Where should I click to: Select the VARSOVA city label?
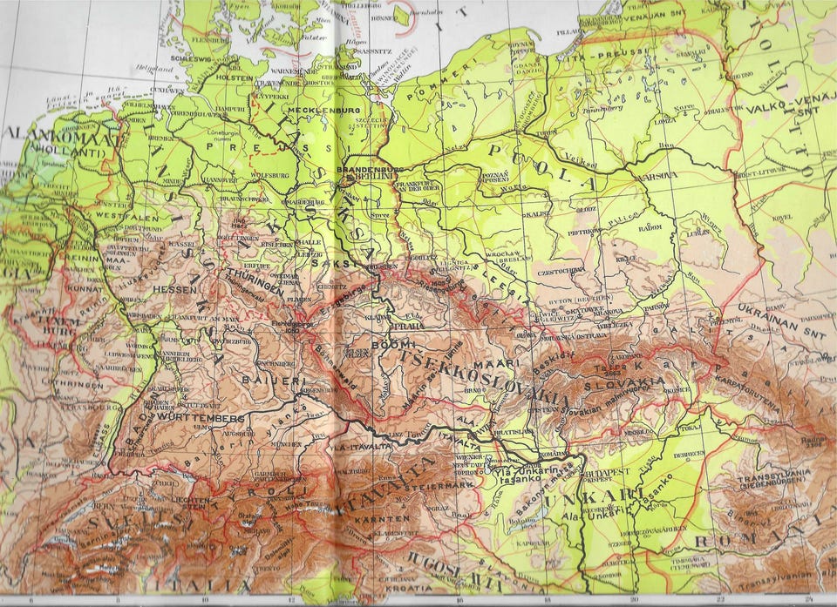click(660, 174)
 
